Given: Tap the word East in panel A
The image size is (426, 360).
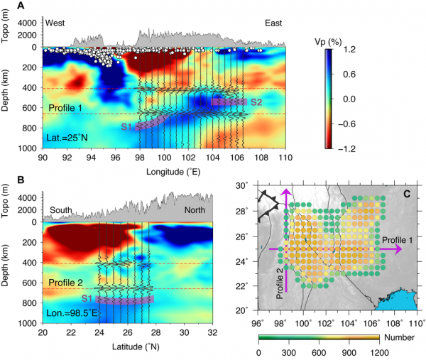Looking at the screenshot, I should pyautogui.click(x=271, y=23).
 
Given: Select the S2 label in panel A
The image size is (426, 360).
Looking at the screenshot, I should pyautogui.click(x=256, y=102).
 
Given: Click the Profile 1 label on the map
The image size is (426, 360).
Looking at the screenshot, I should pyautogui.click(x=390, y=241).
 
